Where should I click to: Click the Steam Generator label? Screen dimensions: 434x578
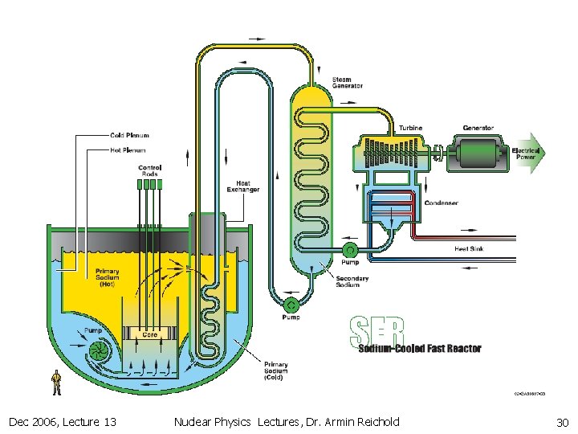coord(348,83)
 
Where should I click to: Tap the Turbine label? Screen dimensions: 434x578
coord(411,129)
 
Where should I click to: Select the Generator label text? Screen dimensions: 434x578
coord(478,129)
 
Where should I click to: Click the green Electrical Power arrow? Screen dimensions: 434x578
coord(527,153)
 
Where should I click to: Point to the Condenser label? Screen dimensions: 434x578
coord(441,203)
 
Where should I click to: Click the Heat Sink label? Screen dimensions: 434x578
coord(469,249)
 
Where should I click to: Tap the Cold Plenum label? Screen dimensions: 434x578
coord(129,135)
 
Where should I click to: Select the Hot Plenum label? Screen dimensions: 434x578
coord(128,149)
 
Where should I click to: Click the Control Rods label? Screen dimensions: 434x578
coord(149,170)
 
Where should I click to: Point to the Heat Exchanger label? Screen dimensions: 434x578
coord(242,186)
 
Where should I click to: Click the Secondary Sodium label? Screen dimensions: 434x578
coord(352,282)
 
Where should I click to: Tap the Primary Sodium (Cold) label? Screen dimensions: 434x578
coord(275,371)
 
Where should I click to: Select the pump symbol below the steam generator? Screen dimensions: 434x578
coord(291,305)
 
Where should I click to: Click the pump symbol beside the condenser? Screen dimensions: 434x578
coord(350,251)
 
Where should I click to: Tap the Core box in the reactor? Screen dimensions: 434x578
coord(149,334)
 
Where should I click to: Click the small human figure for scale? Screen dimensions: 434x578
coord(56,383)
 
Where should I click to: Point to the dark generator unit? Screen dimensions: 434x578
coord(478,152)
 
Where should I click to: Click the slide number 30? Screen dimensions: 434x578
coord(561,422)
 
